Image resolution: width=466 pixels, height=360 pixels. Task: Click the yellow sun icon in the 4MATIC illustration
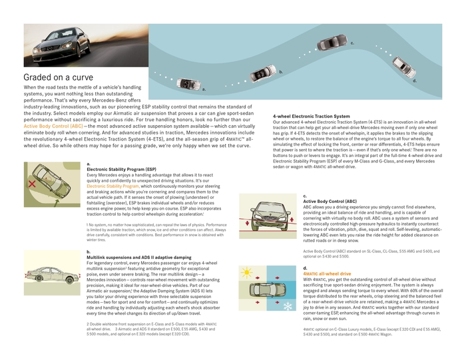coord(245,273)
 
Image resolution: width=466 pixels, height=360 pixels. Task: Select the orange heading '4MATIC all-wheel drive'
coord(328,273)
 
